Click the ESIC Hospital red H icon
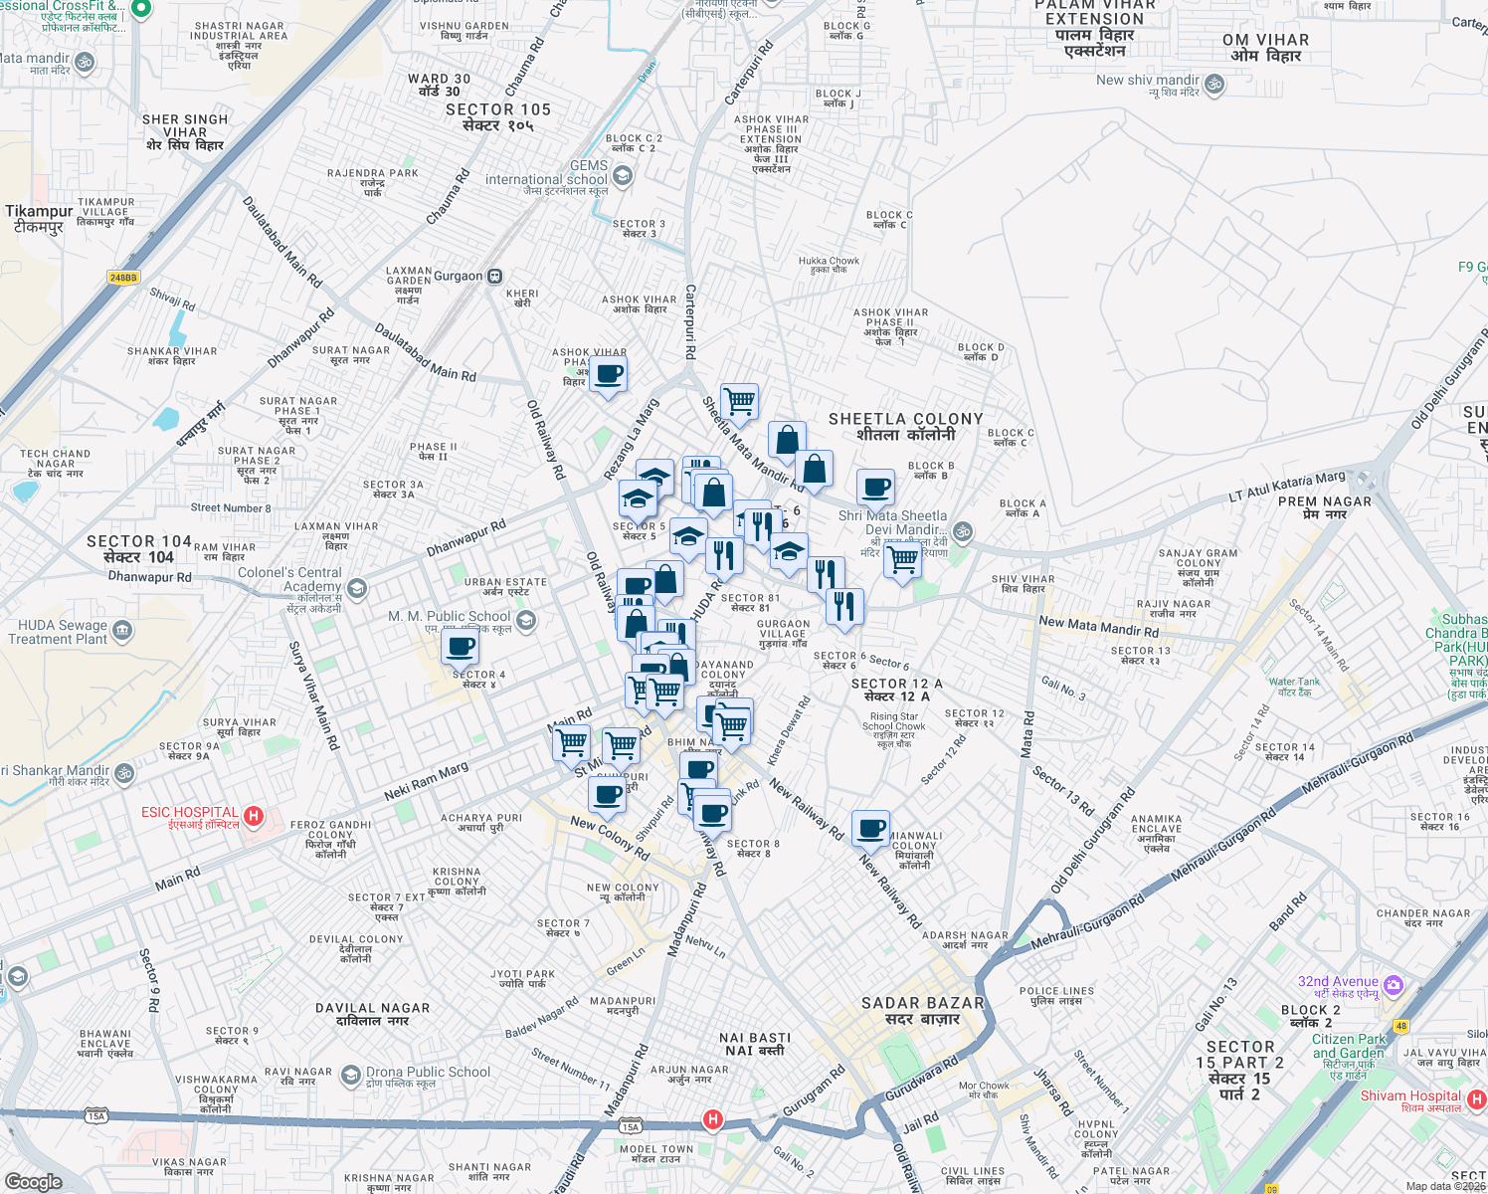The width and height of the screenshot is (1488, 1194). (x=254, y=817)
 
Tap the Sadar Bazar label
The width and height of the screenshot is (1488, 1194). (x=922, y=1011)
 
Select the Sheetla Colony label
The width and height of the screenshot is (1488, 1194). (x=905, y=427)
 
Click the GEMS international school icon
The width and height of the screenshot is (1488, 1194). (x=623, y=176)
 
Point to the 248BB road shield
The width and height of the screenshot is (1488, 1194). (x=123, y=278)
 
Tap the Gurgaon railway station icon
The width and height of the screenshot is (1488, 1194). (x=494, y=277)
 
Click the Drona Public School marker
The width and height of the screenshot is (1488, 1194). (x=350, y=1075)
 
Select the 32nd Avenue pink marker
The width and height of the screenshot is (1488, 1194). (x=1394, y=985)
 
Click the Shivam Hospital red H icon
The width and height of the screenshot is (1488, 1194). (x=1477, y=1099)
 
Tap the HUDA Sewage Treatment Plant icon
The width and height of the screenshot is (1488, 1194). (x=122, y=630)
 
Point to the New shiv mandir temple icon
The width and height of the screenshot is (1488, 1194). (x=1213, y=85)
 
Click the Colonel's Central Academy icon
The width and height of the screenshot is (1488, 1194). (x=357, y=588)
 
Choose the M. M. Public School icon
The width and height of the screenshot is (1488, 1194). (x=526, y=621)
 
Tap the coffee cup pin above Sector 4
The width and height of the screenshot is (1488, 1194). (x=461, y=648)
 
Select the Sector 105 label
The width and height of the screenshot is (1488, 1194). (x=497, y=117)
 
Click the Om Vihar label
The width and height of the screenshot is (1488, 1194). (x=1265, y=48)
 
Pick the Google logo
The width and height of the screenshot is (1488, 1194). (x=33, y=1181)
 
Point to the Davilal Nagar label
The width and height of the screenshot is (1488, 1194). (x=372, y=1014)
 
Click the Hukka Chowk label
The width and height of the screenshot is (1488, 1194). (x=829, y=265)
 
